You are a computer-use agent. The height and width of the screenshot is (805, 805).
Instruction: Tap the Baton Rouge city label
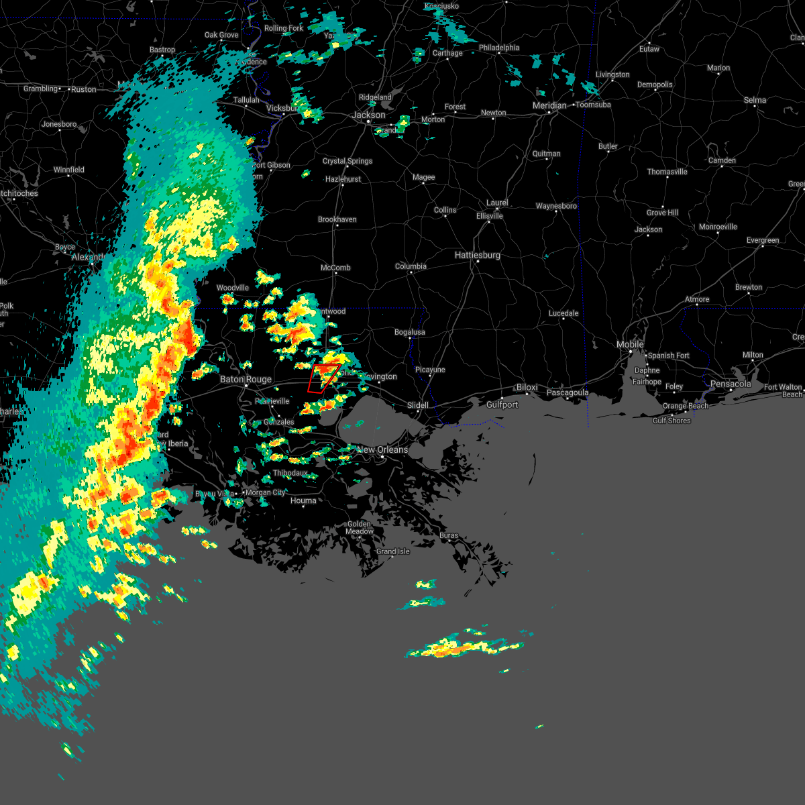point(246,380)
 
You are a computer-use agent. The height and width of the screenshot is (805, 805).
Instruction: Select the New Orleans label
point(382,450)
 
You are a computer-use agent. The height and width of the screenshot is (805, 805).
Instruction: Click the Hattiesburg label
point(478,256)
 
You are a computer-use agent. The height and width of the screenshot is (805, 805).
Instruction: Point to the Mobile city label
point(630,345)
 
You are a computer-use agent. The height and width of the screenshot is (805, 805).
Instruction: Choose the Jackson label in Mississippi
point(368,115)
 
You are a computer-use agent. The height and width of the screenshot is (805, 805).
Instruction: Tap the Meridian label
point(549,106)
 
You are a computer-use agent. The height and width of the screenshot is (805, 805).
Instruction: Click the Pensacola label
point(731,384)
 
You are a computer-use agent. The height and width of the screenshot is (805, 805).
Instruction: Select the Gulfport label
point(502,405)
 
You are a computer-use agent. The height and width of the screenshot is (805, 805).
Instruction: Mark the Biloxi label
point(527,388)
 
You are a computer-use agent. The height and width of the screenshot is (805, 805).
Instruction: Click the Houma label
point(303,501)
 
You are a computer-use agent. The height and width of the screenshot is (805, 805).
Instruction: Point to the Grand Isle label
point(393,552)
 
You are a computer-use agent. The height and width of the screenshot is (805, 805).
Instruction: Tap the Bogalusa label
point(409,333)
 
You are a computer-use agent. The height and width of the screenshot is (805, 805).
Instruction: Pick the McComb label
point(335,268)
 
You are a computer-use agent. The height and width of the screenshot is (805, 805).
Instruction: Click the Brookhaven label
point(337,220)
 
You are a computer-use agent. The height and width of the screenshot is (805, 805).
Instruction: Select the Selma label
point(755,101)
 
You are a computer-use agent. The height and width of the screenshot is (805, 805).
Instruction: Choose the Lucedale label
point(563,314)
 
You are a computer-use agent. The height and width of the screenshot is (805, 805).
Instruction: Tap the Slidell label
point(418,406)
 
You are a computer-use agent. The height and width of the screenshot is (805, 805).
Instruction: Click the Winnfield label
point(69,170)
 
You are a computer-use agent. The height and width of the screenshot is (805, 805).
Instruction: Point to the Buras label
point(449,536)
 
